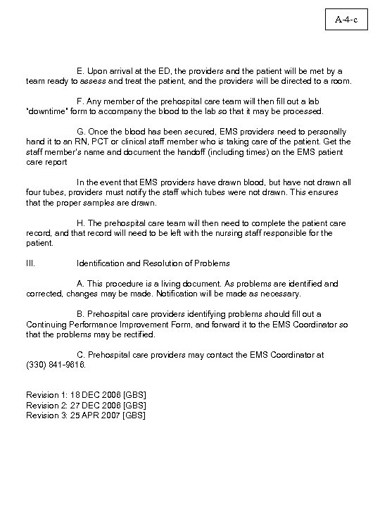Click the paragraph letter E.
[80, 71]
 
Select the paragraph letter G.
[80, 132]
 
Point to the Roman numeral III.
[31, 263]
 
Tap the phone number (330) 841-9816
[56, 365]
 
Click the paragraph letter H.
[80, 223]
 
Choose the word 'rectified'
[138, 334]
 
